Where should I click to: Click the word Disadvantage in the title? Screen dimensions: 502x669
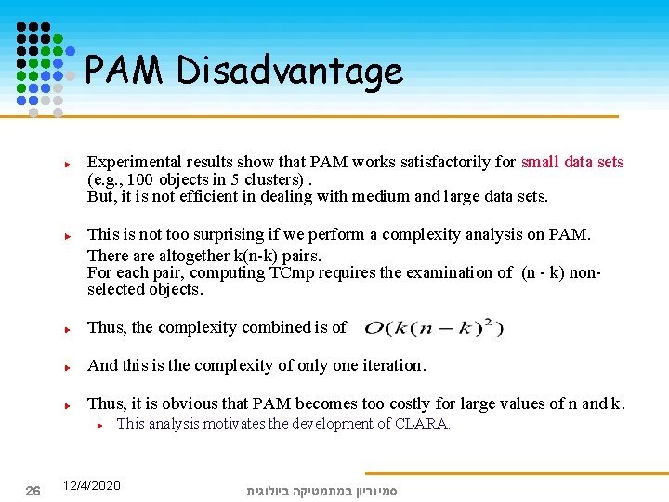tap(290, 71)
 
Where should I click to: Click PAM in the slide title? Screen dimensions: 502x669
tap(125, 71)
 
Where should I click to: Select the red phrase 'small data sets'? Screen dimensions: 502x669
tap(572, 162)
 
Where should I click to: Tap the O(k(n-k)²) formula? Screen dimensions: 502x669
tap(434, 327)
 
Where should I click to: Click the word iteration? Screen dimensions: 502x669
tap(388, 365)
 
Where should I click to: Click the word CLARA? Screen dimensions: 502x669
tap(423, 424)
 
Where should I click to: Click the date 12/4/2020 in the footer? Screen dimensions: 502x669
tap(91, 485)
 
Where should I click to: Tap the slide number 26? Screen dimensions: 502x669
tap(33, 490)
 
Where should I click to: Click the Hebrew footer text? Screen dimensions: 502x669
tap(321, 490)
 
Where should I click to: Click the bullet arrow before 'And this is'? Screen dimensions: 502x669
tap(69, 366)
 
